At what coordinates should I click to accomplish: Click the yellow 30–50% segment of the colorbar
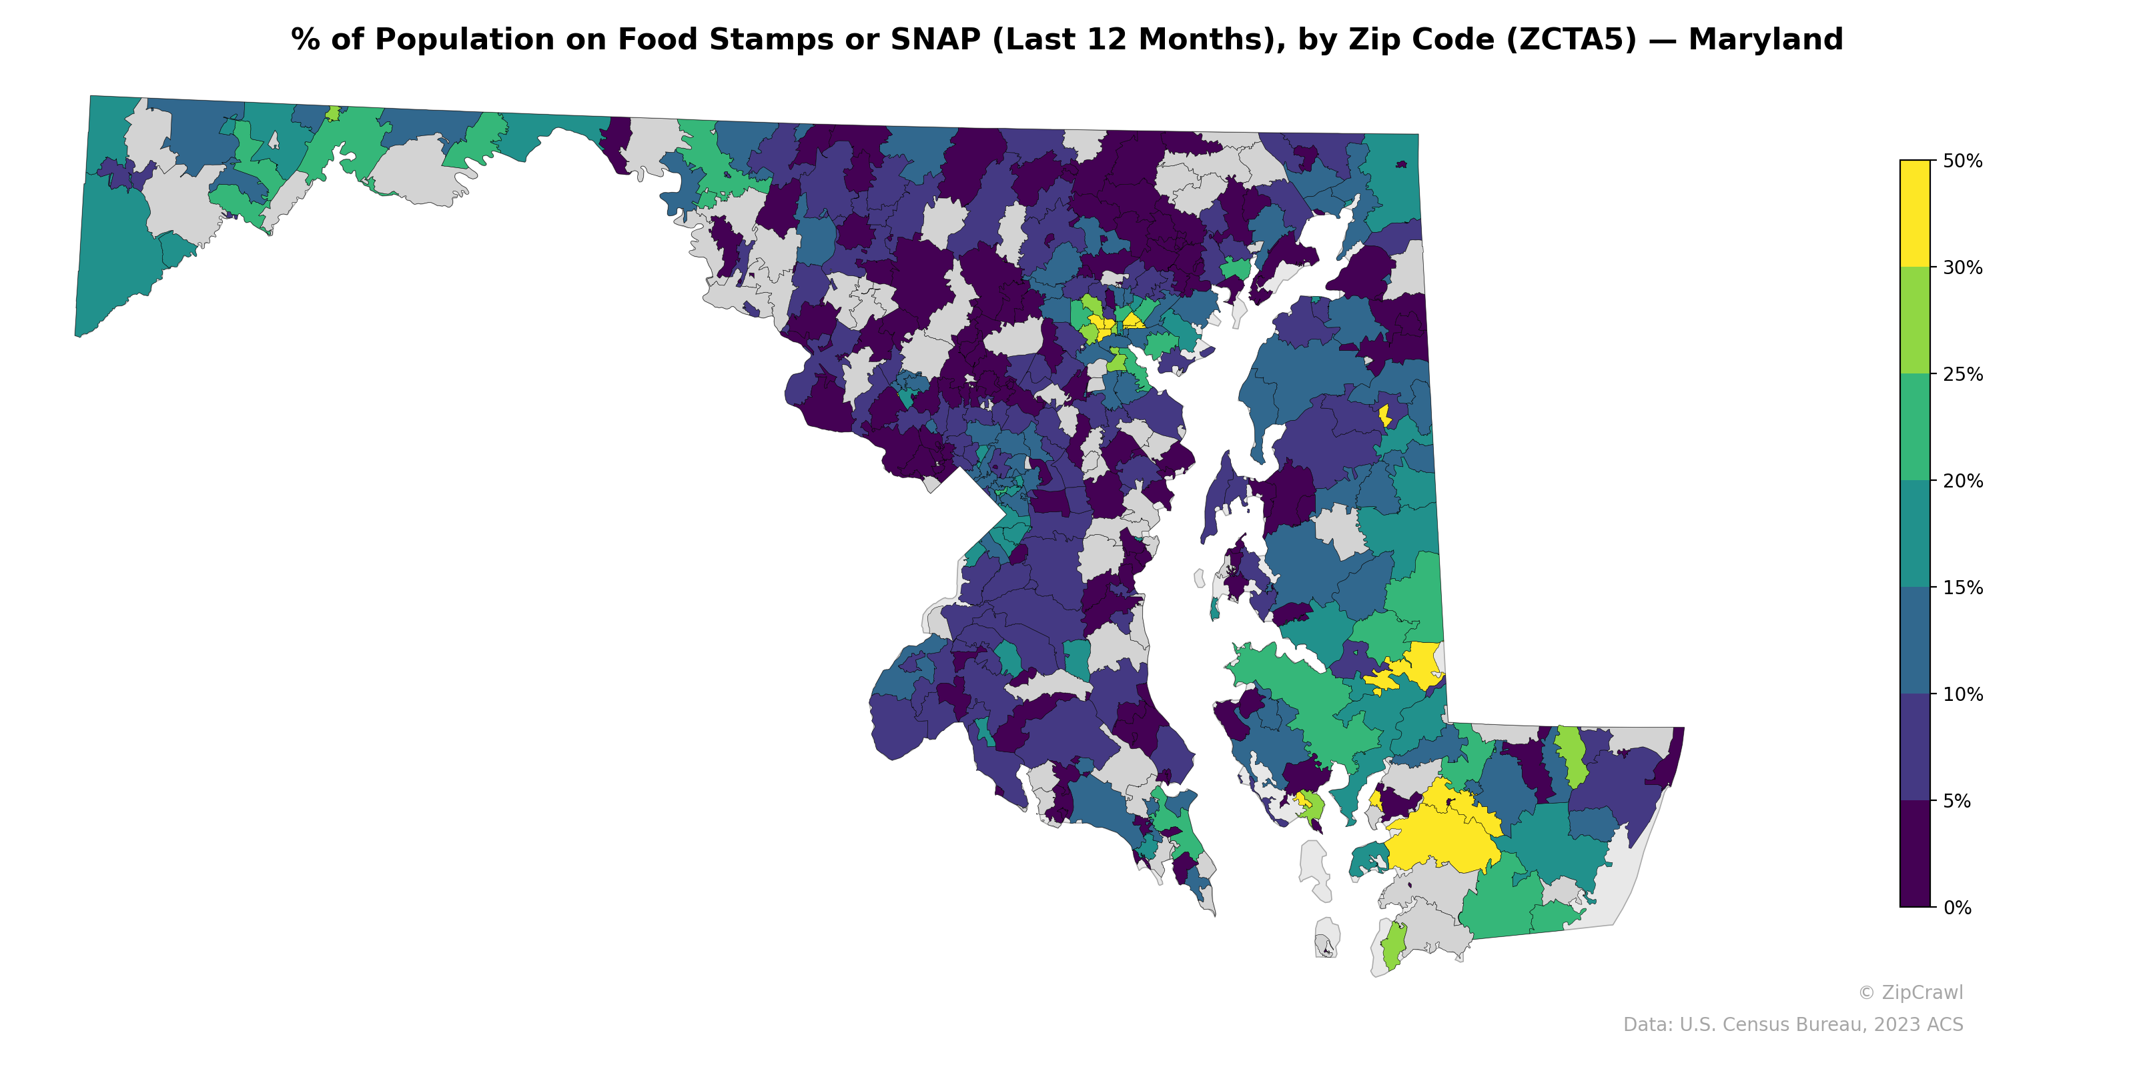[1915, 213]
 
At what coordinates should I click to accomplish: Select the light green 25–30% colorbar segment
[1915, 321]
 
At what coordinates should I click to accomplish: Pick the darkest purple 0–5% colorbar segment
[1915, 854]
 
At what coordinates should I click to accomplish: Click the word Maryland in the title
[1765, 40]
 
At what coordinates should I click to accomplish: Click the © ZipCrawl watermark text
[1910, 992]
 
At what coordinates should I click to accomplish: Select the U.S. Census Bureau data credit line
[1793, 1025]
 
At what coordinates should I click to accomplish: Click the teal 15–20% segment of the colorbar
[1915, 534]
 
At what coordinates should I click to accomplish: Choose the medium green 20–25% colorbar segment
[1915, 427]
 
